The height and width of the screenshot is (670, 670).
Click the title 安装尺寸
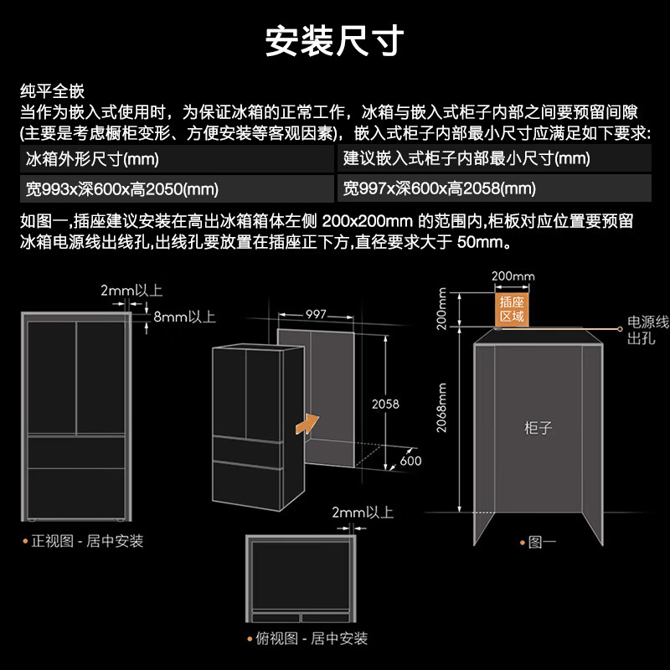pyautogui.click(x=335, y=40)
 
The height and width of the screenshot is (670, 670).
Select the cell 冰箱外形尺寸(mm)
pyautogui.click(x=93, y=158)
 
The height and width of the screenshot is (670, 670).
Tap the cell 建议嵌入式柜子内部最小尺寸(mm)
pyautogui.click(x=466, y=158)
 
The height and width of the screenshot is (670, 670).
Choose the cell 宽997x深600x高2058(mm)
pyautogui.click(x=440, y=188)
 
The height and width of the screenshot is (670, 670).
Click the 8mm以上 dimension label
pyautogui.click(x=184, y=317)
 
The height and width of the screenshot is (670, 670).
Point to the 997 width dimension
pyautogui.click(x=316, y=315)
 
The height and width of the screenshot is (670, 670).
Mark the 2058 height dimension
pyautogui.click(x=385, y=404)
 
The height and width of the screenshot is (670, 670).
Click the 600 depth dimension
pyautogui.click(x=410, y=461)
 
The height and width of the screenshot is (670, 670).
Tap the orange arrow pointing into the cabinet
pyautogui.click(x=307, y=422)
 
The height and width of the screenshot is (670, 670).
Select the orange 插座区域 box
pyautogui.click(x=511, y=308)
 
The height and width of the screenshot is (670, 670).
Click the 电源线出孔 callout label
pyautogui.click(x=647, y=330)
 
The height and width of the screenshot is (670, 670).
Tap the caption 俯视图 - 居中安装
pyautogui.click(x=311, y=638)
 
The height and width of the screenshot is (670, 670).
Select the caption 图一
pyautogui.click(x=542, y=542)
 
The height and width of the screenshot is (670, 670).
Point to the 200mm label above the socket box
pyautogui.click(x=513, y=276)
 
